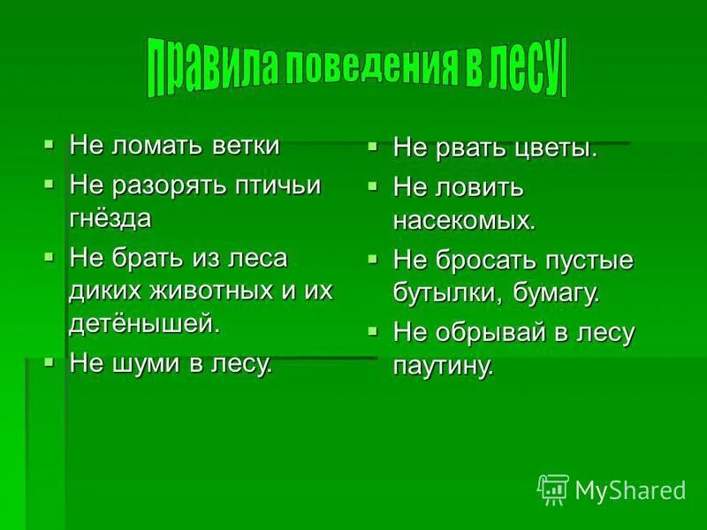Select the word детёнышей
click(x=143, y=322)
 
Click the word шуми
click(x=150, y=364)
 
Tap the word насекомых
click(x=464, y=220)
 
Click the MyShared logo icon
click(x=553, y=488)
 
